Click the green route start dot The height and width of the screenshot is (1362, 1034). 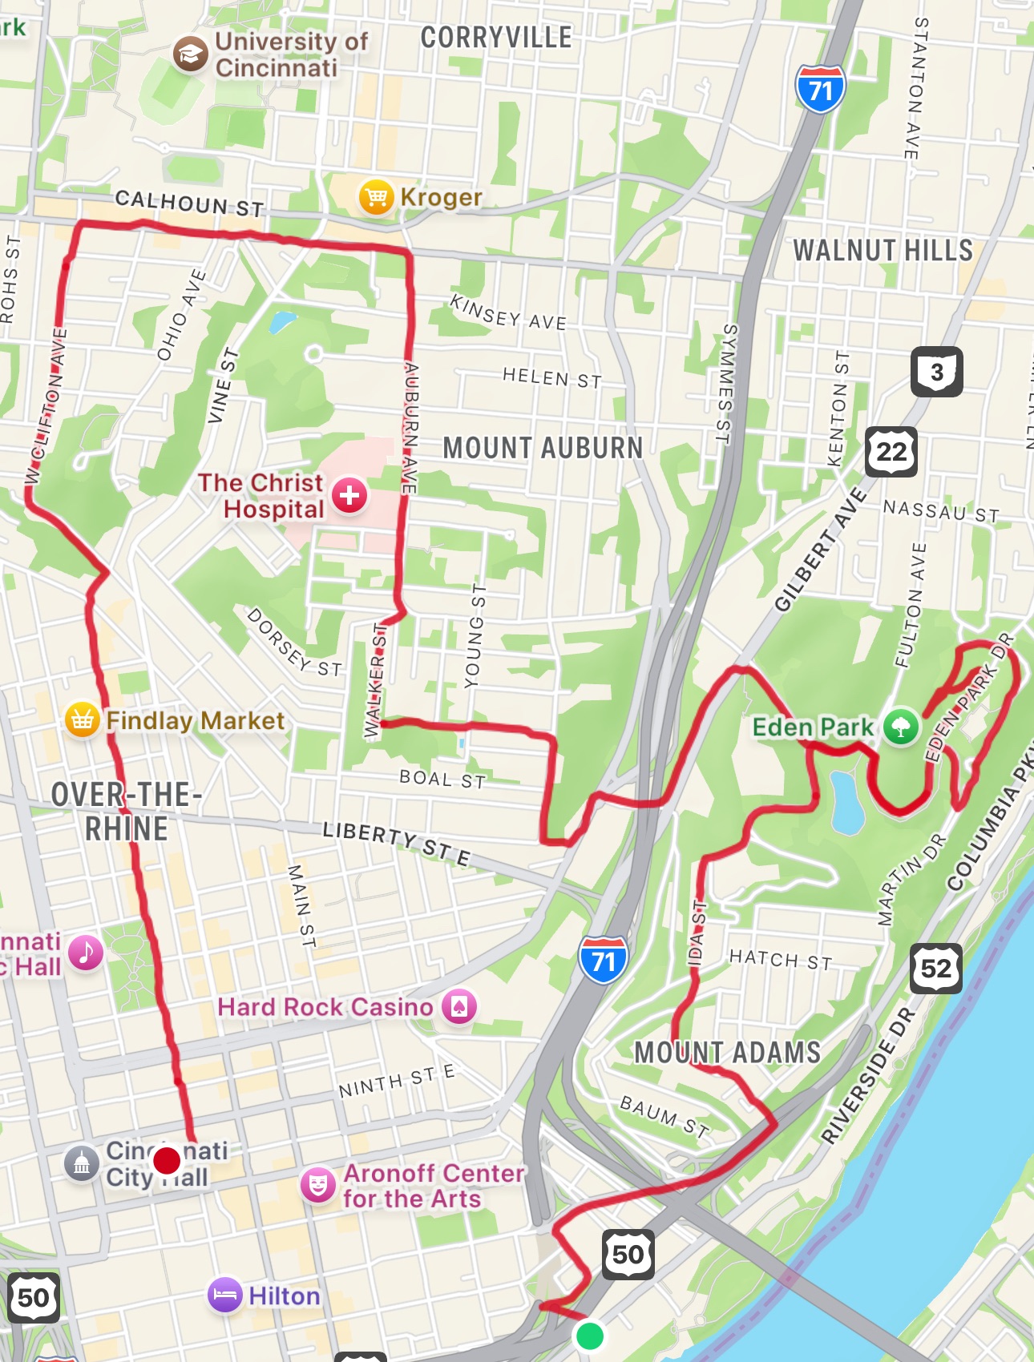click(590, 1336)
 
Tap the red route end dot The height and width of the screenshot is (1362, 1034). click(167, 1159)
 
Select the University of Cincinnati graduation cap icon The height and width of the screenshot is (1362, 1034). click(191, 54)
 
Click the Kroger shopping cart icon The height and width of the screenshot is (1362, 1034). click(376, 197)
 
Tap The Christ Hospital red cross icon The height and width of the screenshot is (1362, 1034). click(349, 496)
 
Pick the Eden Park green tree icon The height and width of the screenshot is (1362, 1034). click(901, 727)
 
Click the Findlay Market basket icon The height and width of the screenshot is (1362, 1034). click(82, 720)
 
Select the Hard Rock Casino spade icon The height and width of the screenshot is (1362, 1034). click(458, 1007)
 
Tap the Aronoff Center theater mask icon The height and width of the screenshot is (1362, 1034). click(318, 1185)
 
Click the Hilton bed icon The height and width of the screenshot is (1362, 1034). click(225, 1295)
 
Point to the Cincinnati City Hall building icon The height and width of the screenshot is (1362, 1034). click(82, 1163)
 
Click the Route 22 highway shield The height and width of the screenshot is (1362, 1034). click(891, 452)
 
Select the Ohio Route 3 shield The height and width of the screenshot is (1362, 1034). click(936, 372)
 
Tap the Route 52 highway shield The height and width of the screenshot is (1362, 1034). click(935, 969)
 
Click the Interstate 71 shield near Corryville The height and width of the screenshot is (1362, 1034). click(820, 89)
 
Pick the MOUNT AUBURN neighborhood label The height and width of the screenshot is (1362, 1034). click(543, 448)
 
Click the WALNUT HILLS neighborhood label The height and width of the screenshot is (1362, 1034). click(883, 250)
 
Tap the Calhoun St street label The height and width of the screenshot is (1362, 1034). click(189, 203)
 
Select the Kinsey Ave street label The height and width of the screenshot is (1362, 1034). click(508, 312)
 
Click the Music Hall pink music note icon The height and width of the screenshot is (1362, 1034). click(86, 953)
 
